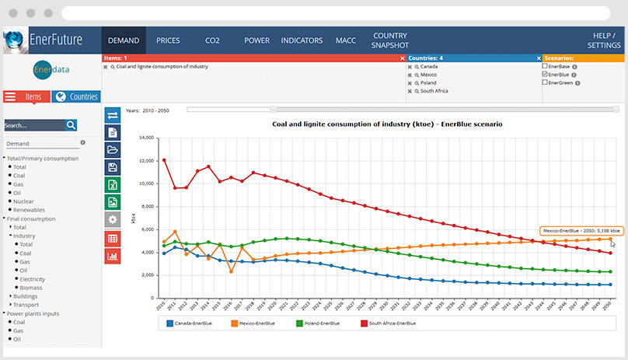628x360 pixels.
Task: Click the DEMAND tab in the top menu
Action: point(124,40)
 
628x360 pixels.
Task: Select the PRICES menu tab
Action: point(168,40)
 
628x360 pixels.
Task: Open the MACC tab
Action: point(345,40)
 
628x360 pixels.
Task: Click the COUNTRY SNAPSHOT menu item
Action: point(390,40)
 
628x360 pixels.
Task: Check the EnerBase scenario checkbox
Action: point(545,67)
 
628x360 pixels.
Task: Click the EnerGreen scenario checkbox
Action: point(545,82)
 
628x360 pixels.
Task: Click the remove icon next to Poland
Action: point(410,83)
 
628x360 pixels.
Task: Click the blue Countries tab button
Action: point(76,96)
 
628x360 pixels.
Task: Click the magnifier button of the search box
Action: point(72,124)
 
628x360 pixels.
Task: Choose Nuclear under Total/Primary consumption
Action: point(23,201)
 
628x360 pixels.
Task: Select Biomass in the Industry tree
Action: point(30,287)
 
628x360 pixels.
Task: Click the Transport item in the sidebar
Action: point(26,304)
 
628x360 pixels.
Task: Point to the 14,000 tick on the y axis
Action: point(145,138)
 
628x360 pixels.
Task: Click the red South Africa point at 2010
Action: point(163,160)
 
